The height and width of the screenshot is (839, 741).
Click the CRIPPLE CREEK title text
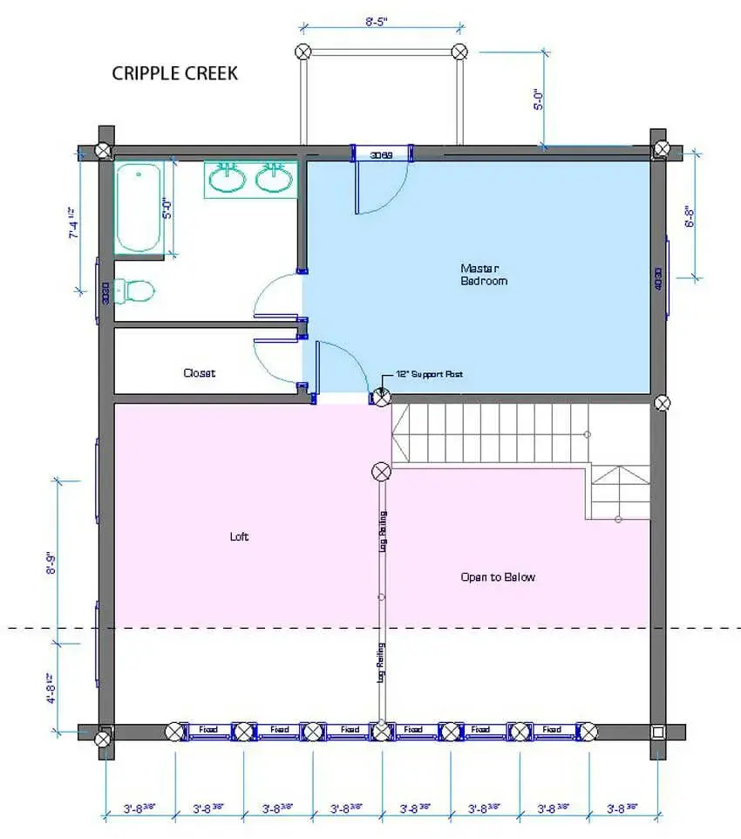tap(174, 73)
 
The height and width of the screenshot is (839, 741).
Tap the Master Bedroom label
tap(484, 274)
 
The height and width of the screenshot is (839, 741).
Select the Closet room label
tap(199, 372)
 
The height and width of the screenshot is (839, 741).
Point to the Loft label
tap(239, 536)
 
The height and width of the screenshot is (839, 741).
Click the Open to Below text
tap(498, 576)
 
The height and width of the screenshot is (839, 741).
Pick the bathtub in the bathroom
tap(139, 208)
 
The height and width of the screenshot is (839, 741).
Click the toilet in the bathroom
tap(134, 290)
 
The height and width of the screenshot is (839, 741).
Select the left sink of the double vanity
tap(229, 179)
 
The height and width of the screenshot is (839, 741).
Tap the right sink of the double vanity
tap(274, 179)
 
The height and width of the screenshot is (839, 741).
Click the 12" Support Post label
tap(428, 374)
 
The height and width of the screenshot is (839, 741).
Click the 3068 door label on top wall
tap(381, 155)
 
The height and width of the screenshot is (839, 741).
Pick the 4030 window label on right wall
tap(658, 278)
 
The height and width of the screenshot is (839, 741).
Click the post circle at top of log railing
tap(381, 472)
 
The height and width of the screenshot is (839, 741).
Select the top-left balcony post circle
tap(303, 51)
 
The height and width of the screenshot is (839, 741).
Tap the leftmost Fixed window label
tap(210, 729)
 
